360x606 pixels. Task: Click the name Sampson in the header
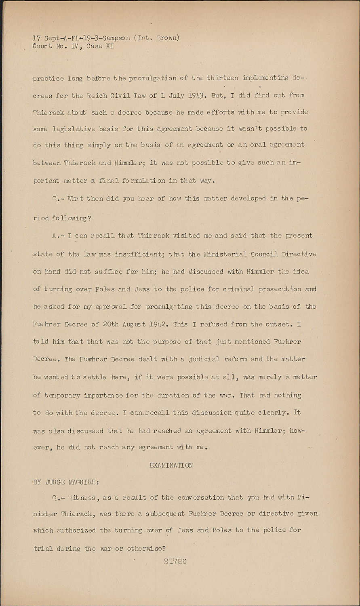click(x=116, y=38)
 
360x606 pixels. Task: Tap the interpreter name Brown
click(x=166, y=38)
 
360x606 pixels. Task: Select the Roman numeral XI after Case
click(x=109, y=46)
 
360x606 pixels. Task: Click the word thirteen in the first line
click(x=222, y=78)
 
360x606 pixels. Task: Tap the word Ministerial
click(x=224, y=254)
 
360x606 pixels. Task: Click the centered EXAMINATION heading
click(x=171, y=465)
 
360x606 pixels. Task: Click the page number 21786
click(x=175, y=561)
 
